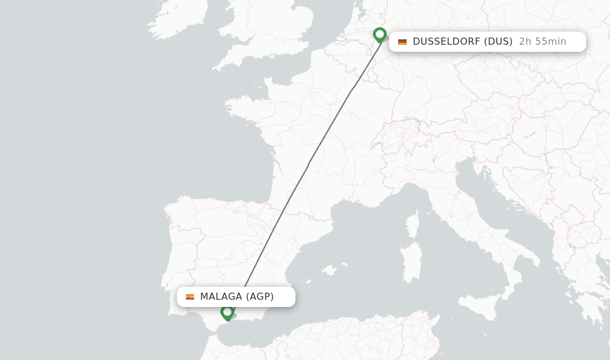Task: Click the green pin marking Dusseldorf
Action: coord(380,35)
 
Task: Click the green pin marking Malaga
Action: coord(227,312)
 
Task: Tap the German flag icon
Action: coord(403,42)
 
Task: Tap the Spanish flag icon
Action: coord(190,297)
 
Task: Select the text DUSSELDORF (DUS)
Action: coord(462,42)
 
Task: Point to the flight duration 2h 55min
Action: coord(542,42)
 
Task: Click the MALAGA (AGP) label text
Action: coord(236,297)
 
